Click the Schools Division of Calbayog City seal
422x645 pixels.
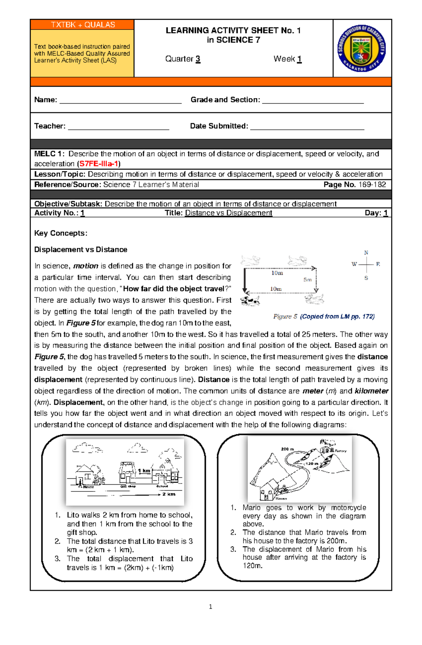click(x=362, y=48)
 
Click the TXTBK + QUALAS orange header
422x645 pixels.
click(x=83, y=25)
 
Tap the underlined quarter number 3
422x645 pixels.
click(x=198, y=59)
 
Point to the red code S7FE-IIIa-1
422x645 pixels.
click(x=99, y=164)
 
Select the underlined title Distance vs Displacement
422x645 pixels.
click(x=229, y=213)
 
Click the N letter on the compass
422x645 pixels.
click(x=366, y=253)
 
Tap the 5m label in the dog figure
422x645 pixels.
click(x=307, y=280)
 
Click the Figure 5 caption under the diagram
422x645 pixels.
click(x=324, y=316)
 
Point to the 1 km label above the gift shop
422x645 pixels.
click(x=144, y=471)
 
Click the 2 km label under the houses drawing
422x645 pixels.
click(x=168, y=494)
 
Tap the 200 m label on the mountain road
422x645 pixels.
click(x=287, y=449)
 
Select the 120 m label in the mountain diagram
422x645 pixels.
click(x=312, y=464)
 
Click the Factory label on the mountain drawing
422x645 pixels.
click(x=340, y=451)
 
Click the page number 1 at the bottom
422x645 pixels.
click(x=210, y=606)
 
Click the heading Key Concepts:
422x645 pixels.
click(x=60, y=233)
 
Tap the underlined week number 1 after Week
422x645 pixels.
click(x=299, y=59)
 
